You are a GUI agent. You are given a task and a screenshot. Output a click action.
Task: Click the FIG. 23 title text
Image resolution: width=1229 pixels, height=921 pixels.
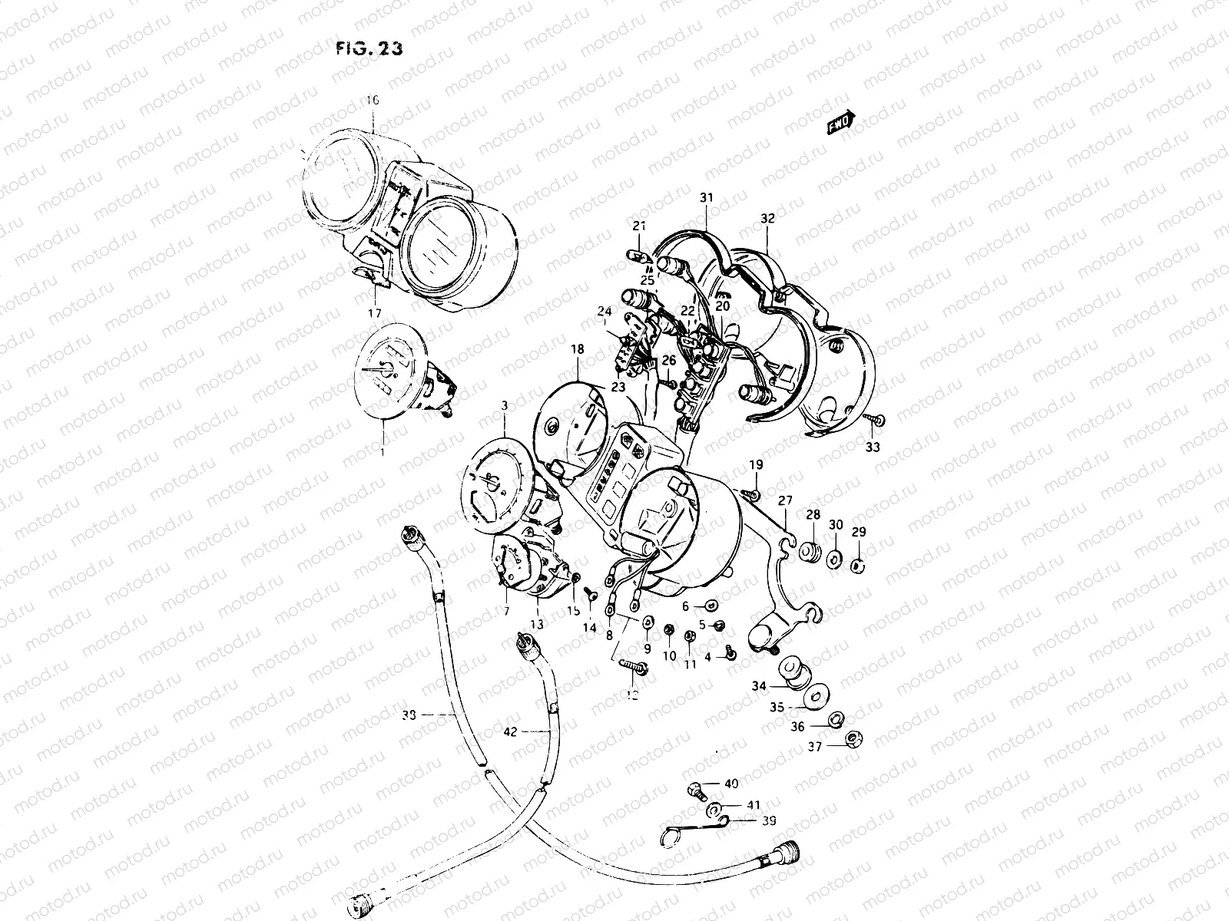click(x=369, y=48)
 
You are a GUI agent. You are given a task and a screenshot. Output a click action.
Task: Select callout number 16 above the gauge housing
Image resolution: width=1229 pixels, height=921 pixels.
click(x=373, y=101)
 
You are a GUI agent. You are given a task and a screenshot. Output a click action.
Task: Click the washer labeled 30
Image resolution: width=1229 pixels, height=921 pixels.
click(x=835, y=556)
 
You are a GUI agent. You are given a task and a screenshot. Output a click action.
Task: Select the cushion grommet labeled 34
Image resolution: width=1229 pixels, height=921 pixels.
click(x=790, y=672)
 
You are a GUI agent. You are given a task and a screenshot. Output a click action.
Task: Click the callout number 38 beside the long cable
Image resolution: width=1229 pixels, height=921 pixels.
click(x=409, y=715)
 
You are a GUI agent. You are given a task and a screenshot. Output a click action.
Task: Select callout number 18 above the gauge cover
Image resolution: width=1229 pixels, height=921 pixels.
click(x=577, y=349)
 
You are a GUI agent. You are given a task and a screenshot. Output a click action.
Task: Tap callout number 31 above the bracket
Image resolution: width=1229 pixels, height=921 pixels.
click(x=706, y=198)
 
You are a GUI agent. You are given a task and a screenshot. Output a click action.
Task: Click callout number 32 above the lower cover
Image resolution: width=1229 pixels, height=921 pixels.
click(x=767, y=219)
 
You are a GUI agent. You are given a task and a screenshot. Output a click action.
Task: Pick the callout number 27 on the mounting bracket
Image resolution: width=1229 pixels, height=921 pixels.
click(x=784, y=501)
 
